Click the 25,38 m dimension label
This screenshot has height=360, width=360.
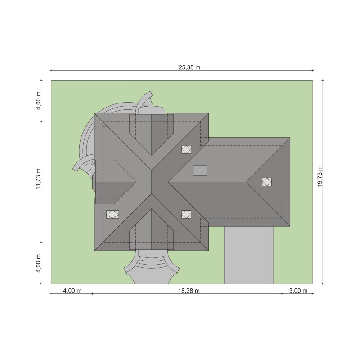point(189,67)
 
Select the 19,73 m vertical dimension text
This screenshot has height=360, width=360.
point(320,176)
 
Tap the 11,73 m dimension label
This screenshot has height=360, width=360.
point(38,179)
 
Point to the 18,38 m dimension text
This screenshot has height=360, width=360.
point(189,291)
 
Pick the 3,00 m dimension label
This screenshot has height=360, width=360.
point(298,291)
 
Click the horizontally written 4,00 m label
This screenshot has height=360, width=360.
point(72,291)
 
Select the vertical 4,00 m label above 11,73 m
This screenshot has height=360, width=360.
point(38,100)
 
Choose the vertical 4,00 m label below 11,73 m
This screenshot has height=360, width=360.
point(38,263)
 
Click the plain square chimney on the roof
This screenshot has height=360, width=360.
point(200,171)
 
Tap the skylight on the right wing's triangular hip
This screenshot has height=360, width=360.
point(267,182)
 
